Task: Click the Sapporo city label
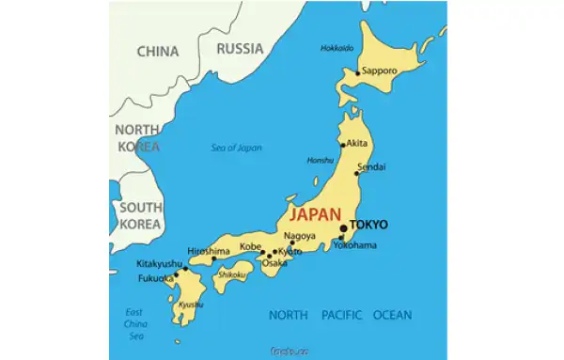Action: pyautogui.click(x=381, y=70)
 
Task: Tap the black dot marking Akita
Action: pyautogui.click(x=343, y=145)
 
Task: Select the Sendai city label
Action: pyautogui.click(x=371, y=165)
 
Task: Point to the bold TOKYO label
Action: pyautogui.click(x=368, y=225)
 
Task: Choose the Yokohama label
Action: pyautogui.click(x=355, y=245)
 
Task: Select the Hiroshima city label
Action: pyautogui.click(x=209, y=251)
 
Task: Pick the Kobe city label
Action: pyautogui.click(x=250, y=246)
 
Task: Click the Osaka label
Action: pyautogui.click(x=274, y=263)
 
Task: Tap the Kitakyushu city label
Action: pyautogui.click(x=159, y=263)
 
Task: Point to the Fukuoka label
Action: pyautogui.click(x=154, y=278)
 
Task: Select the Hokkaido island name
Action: pyautogui.click(x=338, y=48)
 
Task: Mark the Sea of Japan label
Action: pyautogui.click(x=237, y=148)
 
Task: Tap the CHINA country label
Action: pyautogui.click(x=158, y=52)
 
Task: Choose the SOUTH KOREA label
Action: pyautogui.click(x=137, y=215)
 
